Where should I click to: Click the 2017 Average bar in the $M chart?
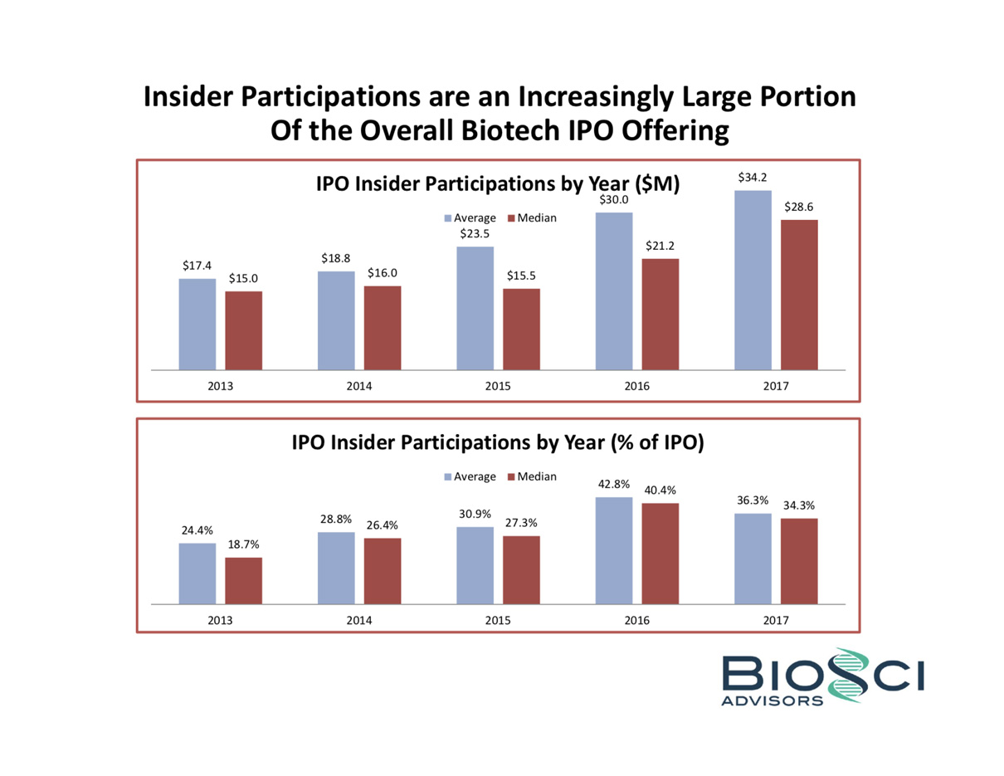pos(753,280)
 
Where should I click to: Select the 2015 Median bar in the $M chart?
pos(521,329)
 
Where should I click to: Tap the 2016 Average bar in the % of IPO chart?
pos(613,550)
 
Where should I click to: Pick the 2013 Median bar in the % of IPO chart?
pos(243,580)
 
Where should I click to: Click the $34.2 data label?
pos(753,178)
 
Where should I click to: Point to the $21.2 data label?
pos(660,246)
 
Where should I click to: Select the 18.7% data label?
pos(244,544)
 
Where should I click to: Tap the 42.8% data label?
pos(613,484)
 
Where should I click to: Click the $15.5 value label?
pos(521,276)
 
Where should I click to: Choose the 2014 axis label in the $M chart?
pos(359,387)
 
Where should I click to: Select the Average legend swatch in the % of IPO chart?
pos(448,477)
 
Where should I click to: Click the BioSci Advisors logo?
pos(821,678)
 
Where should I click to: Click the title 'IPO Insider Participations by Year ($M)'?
pos(498,185)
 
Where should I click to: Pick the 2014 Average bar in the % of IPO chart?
pos(336,568)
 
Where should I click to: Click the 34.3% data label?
pos(799,505)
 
